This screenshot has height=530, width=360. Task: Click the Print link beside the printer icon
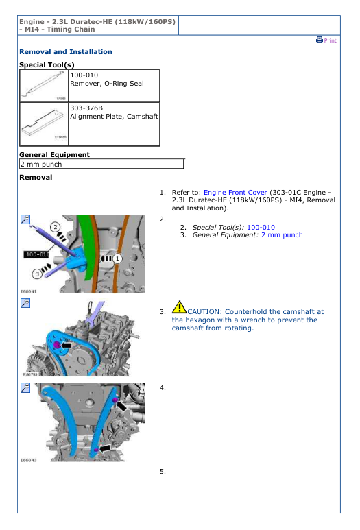[x=330, y=40]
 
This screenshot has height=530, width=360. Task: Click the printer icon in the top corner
[x=320, y=40]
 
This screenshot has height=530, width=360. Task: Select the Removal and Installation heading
[x=66, y=51]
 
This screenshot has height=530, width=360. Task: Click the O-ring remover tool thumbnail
[x=44, y=86]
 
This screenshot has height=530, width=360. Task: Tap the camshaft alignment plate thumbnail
[x=44, y=123]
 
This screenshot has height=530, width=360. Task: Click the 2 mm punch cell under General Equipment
[x=101, y=165]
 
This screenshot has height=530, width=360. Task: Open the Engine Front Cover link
[x=235, y=193]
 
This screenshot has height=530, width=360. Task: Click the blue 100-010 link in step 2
[x=261, y=228]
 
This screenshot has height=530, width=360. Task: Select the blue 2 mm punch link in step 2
[x=282, y=235]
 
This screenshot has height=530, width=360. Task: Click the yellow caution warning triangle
[x=179, y=307]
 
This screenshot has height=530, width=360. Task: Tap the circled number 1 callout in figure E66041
[x=117, y=258]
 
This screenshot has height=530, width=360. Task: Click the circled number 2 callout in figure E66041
[x=55, y=227]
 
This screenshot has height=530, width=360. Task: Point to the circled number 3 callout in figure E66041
[x=37, y=274]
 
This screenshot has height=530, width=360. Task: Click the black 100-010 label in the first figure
[x=36, y=254]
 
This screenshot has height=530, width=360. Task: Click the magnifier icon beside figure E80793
[x=25, y=303]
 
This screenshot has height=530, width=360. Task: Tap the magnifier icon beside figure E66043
[x=25, y=387]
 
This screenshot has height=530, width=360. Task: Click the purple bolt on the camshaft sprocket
[x=57, y=345]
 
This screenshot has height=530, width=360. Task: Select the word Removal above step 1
[x=36, y=177]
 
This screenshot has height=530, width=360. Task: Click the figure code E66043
[x=28, y=460]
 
